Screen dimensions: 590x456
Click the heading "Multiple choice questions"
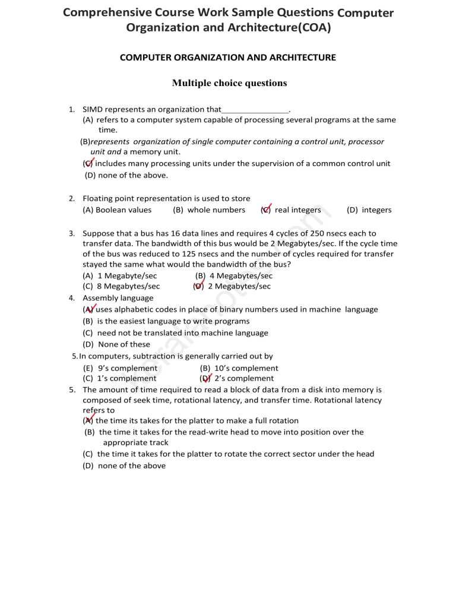(229, 83)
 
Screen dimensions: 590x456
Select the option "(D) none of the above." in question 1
(126, 175)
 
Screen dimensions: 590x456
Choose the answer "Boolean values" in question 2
(117, 210)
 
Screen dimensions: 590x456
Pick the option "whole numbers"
(208, 210)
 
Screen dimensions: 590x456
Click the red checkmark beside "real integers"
(267, 208)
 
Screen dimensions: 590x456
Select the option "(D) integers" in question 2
(369, 210)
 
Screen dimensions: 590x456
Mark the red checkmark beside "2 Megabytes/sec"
(199, 286)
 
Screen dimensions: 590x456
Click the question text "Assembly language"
(118, 298)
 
